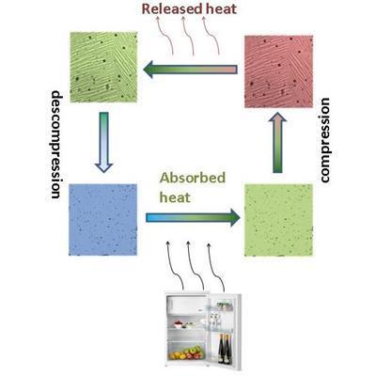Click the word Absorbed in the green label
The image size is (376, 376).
(193, 178)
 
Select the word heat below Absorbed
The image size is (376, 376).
(175, 197)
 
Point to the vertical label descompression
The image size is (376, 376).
(56, 145)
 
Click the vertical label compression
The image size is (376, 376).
(324, 140)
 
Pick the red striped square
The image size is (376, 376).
(278, 71)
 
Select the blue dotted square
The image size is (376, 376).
(102, 220)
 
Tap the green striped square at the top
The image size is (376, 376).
(103, 67)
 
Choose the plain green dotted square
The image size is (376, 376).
(278, 220)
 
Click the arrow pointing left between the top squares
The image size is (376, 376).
(190, 70)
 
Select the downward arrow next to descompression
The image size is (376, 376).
(103, 142)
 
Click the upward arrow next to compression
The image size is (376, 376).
(277, 143)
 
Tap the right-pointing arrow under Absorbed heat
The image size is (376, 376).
(193, 218)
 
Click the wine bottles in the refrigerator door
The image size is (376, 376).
(225, 349)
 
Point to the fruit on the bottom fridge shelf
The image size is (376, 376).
(186, 352)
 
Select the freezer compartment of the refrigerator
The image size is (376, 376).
(186, 305)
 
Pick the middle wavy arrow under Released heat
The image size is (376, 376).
(187, 36)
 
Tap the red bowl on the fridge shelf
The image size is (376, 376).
(179, 324)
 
